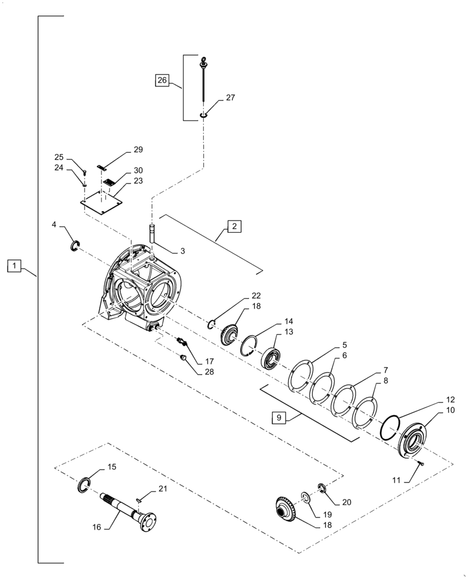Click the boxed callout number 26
tap(162, 81)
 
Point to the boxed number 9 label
tap(279, 418)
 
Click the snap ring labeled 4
tap(75, 247)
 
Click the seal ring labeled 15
tap(85, 485)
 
